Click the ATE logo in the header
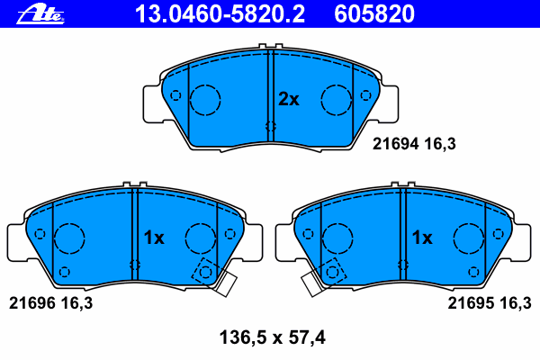point(40,15)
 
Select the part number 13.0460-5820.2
point(220,14)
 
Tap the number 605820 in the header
point(374,14)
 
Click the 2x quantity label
point(289,99)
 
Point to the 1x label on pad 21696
point(154,238)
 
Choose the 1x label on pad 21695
point(422,238)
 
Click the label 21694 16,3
point(414,144)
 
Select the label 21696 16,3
point(50,303)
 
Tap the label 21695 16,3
point(490,303)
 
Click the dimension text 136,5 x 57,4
point(273,337)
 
